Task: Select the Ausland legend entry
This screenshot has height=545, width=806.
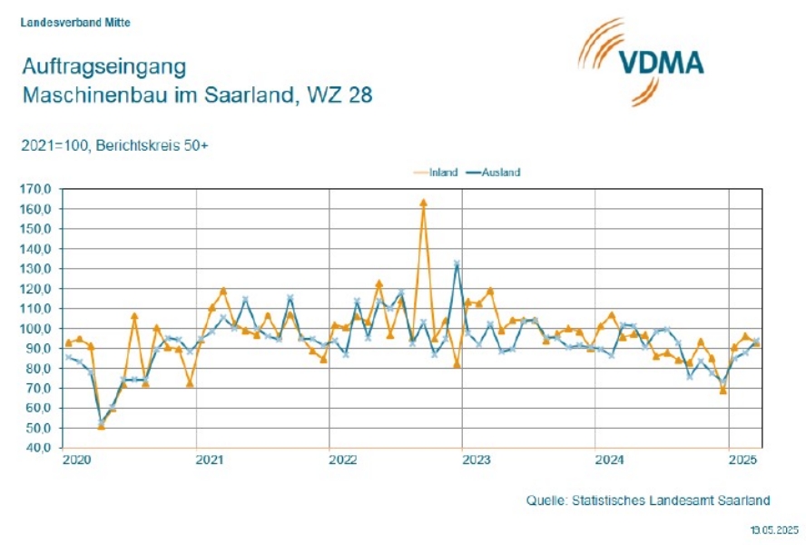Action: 498,172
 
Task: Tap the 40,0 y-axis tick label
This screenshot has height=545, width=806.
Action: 41,448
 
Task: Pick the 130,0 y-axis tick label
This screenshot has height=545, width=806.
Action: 39,269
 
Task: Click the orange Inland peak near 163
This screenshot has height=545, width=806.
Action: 423,203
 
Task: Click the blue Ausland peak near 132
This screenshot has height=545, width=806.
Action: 457,263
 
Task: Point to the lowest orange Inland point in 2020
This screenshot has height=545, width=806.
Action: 101,426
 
